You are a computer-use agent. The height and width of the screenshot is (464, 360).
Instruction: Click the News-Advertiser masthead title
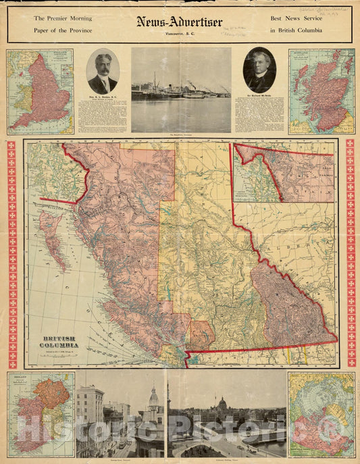[x=180, y=22]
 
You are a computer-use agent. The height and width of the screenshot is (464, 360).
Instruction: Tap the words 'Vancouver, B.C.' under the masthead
[x=179, y=33]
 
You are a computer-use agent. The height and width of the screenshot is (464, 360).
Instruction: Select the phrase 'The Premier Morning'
[x=63, y=18]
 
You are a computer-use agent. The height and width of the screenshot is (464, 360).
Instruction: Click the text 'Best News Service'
[x=295, y=18]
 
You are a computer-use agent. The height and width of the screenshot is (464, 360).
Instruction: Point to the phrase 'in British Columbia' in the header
[x=296, y=31]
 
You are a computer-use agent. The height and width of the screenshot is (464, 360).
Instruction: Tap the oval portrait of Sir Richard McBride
[x=259, y=70]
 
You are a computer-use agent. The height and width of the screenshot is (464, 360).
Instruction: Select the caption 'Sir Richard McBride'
[x=259, y=98]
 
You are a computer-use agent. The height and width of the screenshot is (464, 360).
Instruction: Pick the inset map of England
[x=41, y=91]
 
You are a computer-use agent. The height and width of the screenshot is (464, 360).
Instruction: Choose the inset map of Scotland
[x=322, y=91]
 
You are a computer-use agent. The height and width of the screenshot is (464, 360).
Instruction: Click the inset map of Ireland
[x=41, y=414]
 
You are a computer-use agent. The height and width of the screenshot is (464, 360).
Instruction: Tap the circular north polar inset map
[x=322, y=414]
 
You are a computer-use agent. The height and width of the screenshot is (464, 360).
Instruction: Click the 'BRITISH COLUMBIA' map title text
[x=61, y=341]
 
